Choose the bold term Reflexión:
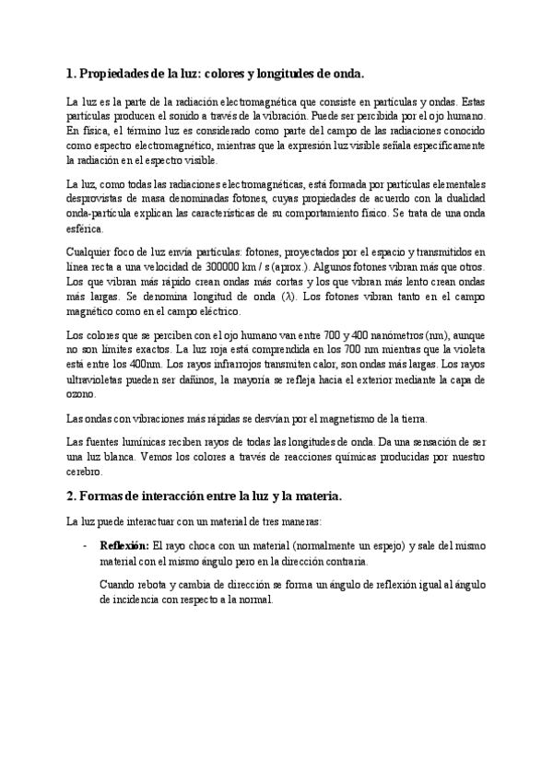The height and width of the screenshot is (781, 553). pyautogui.click(x=124, y=545)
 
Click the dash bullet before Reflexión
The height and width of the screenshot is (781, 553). pyautogui.click(x=84, y=545)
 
